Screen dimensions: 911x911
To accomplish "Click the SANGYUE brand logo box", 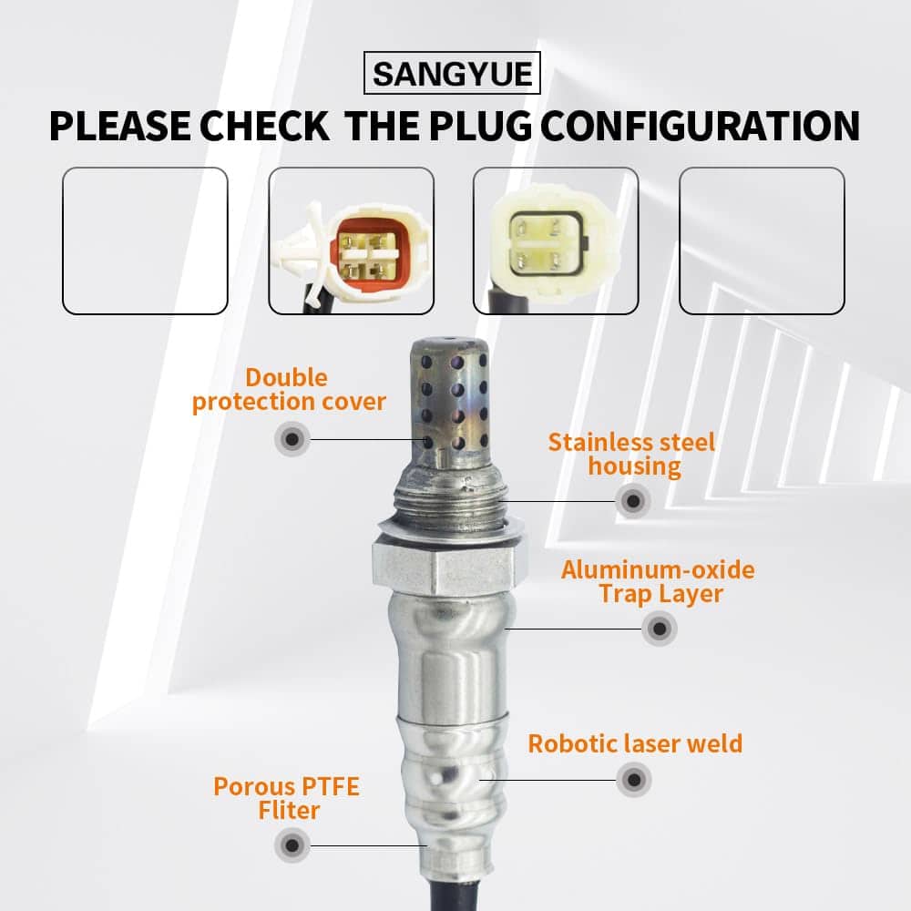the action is pos(452,73).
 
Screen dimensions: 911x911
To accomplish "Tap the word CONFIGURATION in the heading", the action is pos(700,126).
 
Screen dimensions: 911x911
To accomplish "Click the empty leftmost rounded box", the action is pos(145,241).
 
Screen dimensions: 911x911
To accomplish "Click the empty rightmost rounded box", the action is pos(762,241).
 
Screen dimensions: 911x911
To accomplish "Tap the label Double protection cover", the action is pos(289,389).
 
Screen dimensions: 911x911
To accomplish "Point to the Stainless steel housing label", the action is pos(632,455).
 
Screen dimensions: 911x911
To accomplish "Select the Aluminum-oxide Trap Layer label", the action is pos(659,581).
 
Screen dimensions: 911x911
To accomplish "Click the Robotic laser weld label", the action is pos(635,743).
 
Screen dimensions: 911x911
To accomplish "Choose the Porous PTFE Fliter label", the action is pos(287,798).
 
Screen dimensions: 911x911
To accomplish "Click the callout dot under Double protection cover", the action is pos(292,439).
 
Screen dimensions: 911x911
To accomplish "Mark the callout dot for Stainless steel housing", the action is pos(633,501).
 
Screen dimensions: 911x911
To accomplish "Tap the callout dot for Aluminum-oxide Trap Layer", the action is pos(660,628).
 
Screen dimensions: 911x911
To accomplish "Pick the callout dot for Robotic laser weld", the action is pos(634,780).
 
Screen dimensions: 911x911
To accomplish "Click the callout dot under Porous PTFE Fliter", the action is pos(292,845).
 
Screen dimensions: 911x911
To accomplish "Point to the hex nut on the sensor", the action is pos(450,564).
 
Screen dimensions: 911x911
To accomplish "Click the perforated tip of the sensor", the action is pos(448,402).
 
